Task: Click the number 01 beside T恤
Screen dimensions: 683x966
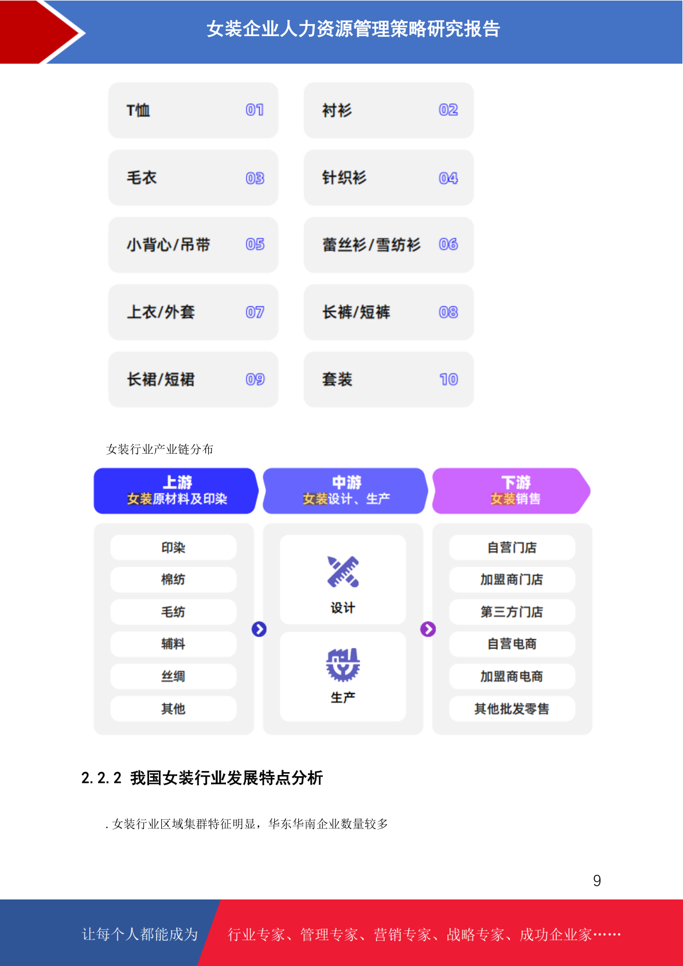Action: coord(255,110)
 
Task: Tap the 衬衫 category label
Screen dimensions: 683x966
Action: coord(337,110)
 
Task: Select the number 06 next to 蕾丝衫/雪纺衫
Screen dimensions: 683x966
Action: coord(448,244)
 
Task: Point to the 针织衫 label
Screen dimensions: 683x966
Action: coord(344,178)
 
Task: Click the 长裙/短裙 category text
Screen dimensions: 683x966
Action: coord(161,380)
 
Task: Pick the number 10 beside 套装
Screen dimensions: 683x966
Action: coord(449,380)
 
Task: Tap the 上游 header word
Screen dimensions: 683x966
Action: coord(177,482)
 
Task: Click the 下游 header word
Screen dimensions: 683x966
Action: coord(516,482)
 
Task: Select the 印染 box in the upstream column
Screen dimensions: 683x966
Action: coord(173,548)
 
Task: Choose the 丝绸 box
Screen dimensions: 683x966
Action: coord(173,676)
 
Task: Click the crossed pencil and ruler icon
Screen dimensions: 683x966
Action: coord(343,572)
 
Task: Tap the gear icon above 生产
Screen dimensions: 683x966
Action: coord(343,665)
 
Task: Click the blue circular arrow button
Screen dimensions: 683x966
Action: coord(259,629)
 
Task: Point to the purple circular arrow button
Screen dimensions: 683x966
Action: coord(428,629)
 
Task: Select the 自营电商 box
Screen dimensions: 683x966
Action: coord(512,644)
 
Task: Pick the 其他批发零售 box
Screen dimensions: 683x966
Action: coord(512,708)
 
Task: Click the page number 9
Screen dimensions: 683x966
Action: coord(597,881)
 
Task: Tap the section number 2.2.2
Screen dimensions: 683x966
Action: coord(102,778)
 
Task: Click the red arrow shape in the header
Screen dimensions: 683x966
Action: coord(41,32)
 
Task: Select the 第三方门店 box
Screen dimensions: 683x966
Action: coord(512,612)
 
